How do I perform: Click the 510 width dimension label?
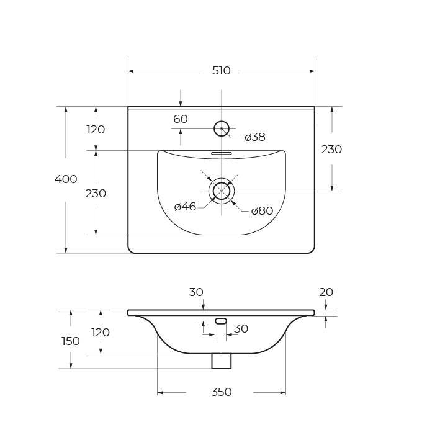point(221,71)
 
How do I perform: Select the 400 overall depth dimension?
point(66,179)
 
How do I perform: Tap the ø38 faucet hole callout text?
point(255,137)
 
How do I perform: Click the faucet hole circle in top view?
point(222,128)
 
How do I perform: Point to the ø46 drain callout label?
point(185,207)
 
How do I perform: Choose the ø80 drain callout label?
point(262,211)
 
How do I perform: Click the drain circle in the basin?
point(222,191)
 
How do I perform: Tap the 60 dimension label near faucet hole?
point(181,119)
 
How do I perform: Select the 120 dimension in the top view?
point(96,130)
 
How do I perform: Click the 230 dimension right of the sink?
point(331,150)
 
